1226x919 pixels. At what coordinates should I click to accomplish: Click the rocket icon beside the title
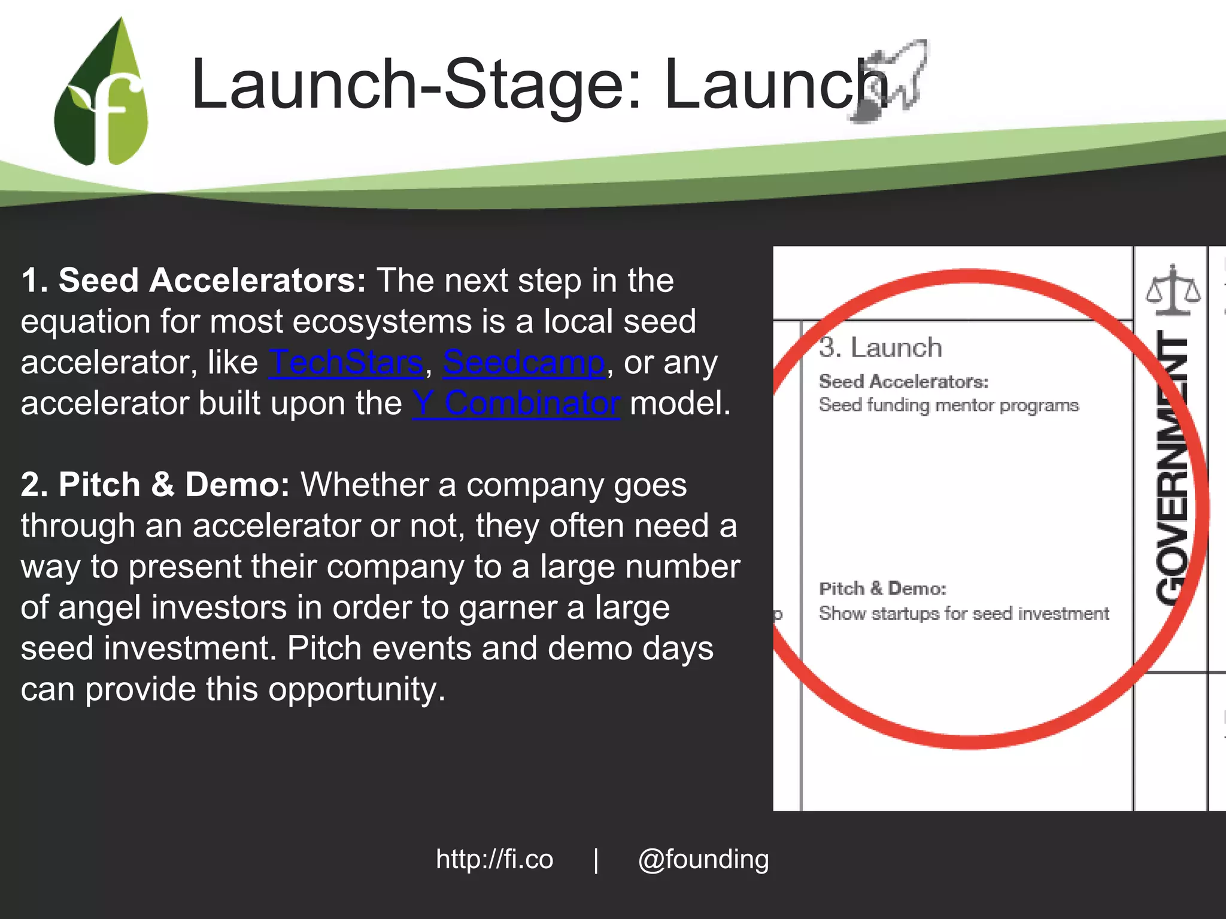coord(889,81)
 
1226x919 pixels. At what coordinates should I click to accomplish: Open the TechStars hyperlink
coord(346,363)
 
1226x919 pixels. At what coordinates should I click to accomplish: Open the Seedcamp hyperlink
coord(524,363)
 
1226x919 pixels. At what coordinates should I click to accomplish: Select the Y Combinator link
coord(516,403)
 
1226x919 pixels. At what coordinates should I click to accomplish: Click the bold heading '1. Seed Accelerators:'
coord(193,280)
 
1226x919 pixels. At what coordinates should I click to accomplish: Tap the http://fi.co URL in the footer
coord(494,859)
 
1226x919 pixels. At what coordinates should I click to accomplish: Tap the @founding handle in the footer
coord(703,860)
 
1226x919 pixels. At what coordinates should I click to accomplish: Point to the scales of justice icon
coord(1173,290)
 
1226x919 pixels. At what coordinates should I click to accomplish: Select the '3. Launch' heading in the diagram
coord(881,348)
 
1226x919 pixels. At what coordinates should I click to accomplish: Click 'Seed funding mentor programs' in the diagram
coord(949,405)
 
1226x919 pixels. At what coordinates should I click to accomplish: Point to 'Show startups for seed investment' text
coord(964,613)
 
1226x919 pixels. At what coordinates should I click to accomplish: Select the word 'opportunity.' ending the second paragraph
coord(357,689)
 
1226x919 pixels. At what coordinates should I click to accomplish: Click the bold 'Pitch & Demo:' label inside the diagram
coord(882,589)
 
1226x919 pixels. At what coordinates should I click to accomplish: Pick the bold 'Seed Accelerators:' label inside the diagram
coord(904,381)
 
